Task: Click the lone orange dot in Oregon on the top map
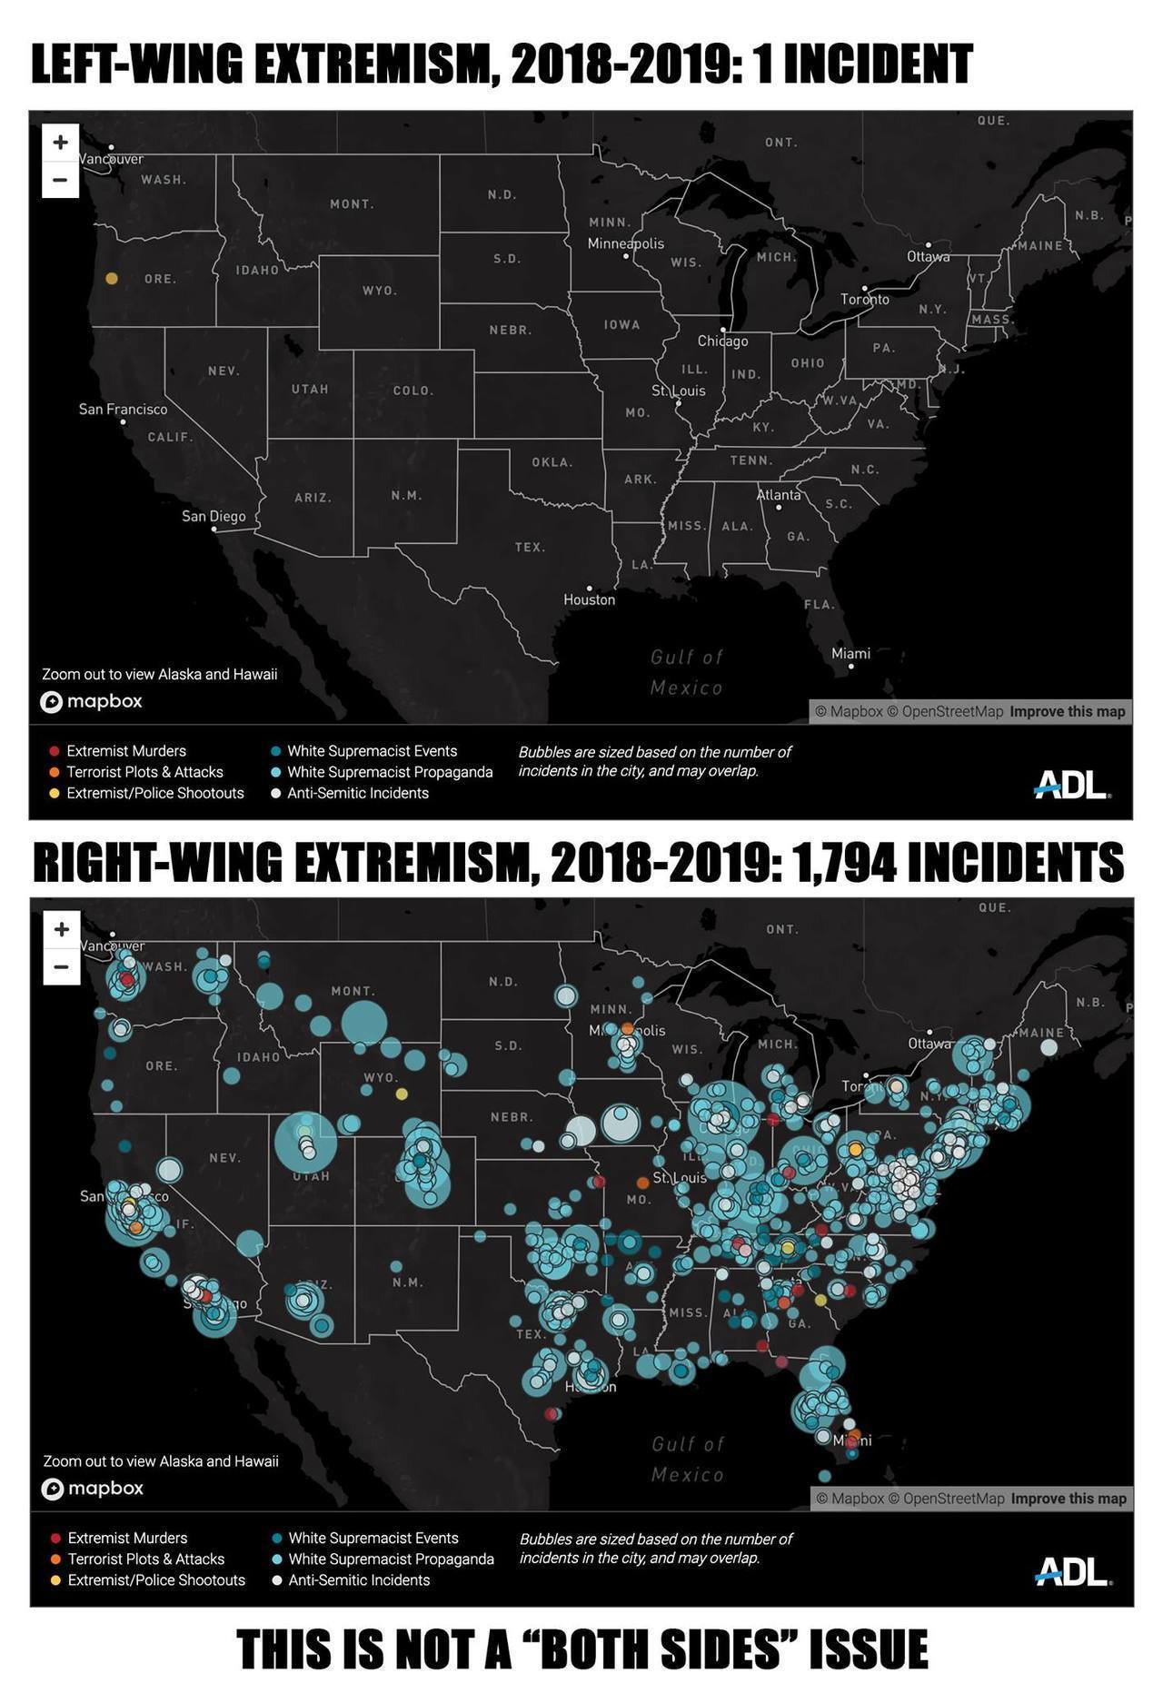point(112,279)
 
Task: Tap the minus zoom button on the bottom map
point(61,966)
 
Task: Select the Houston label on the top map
point(589,599)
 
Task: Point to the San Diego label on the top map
point(214,516)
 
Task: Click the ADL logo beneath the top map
point(1071,785)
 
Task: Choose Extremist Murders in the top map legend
point(125,751)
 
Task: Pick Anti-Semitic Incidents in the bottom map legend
point(358,1579)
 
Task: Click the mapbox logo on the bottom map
point(93,1488)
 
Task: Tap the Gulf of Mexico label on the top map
point(687,672)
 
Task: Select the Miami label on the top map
point(850,654)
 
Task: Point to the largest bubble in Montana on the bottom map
point(364,1022)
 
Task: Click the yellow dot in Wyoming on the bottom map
point(402,1094)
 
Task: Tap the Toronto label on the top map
point(865,299)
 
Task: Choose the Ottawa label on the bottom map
point(929,1044)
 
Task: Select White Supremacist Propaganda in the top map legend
point(390,772)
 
